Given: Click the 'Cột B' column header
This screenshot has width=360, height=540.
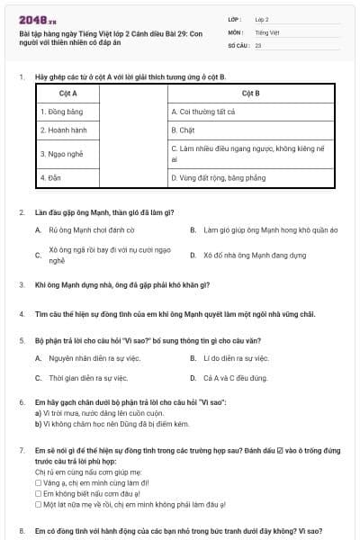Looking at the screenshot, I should coord(251,94).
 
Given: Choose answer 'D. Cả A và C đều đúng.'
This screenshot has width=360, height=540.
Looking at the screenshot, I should coord(236,378).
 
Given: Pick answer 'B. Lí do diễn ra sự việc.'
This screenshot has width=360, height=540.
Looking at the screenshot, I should coord(236,358).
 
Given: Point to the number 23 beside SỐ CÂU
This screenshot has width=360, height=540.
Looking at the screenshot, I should coord(258,44).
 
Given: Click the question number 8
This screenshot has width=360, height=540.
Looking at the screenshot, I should coord(21,531).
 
